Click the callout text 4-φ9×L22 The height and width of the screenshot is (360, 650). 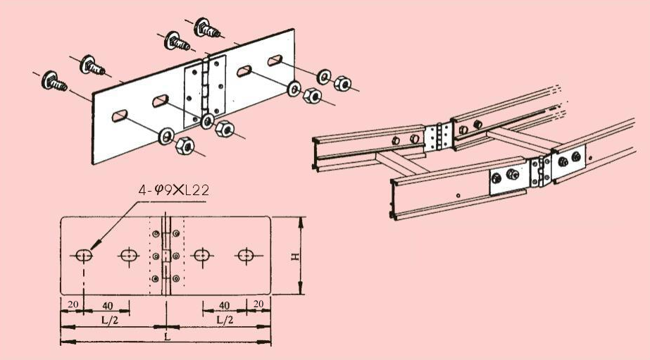[174, 190]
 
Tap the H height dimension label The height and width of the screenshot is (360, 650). [295, 256]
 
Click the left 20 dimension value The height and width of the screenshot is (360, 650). [73, 304]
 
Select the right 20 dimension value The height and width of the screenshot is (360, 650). [258, 304]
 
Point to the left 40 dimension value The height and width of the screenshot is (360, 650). [107, 306]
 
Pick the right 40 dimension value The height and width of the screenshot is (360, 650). [224, 306]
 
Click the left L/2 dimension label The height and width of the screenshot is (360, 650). [109, 320]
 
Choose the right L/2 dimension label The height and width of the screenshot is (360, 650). [225, 320]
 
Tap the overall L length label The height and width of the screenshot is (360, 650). [167, 337]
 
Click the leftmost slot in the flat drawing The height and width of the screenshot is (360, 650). [84, 256]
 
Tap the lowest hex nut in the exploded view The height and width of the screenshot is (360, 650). [185, 146]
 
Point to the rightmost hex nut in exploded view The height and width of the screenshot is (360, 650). [342, 83]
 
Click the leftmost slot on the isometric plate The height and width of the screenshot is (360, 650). [120, 116]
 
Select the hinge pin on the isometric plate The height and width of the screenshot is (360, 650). [204, 88]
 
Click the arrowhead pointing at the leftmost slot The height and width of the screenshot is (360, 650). [94, 244]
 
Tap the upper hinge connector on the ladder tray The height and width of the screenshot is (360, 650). [439, 137]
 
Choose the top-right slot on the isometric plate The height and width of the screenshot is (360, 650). [275, 61]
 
